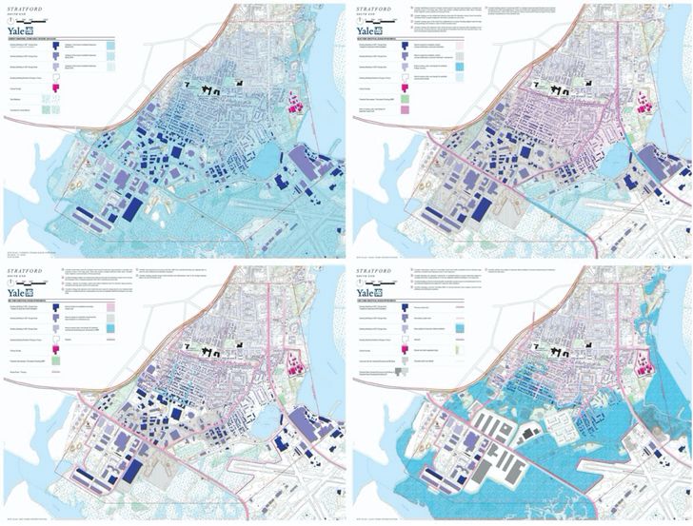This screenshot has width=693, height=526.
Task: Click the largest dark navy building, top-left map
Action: click(132, 209)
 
